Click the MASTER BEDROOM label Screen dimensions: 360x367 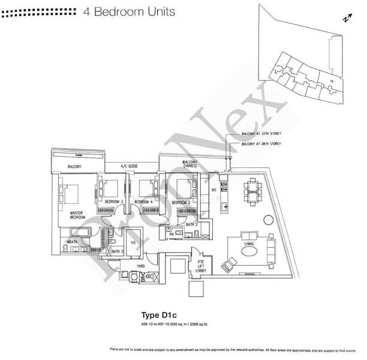(76, 215)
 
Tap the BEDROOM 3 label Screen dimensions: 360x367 (113, 202)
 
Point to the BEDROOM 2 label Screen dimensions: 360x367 (181, 202)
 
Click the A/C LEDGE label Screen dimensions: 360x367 (129, 166)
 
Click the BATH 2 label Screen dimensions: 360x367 (191, 224)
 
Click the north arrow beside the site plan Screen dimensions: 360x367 (346, 18)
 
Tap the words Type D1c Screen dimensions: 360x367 (157, 314)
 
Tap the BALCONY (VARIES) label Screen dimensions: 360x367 (190, 164)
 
